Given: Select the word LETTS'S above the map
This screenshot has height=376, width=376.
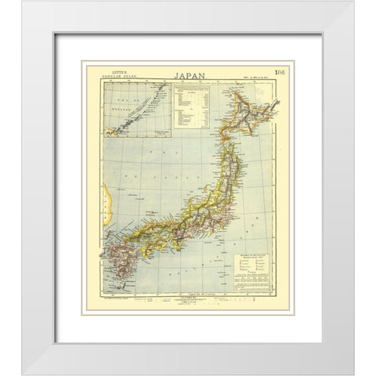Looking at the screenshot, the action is [x=112, y=77].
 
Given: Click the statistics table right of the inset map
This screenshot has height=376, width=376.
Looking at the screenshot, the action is [x=189, y=110].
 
